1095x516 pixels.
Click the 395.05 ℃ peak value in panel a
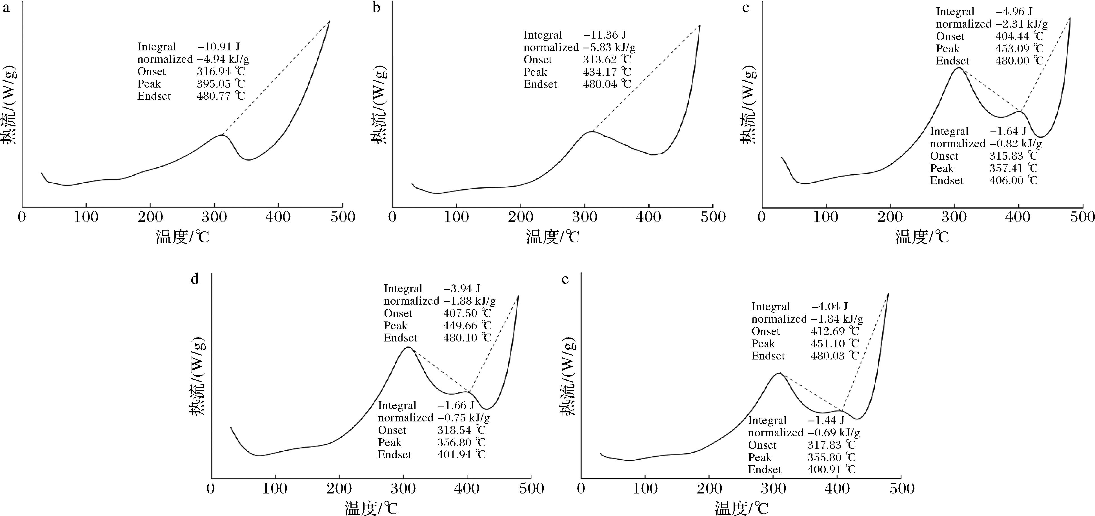pyautogui.click(x=221, y=84)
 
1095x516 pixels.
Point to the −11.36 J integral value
pyautogui.click(x=605, y=35)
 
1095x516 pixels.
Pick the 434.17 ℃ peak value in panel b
pyautogui.click(x=607, y=72)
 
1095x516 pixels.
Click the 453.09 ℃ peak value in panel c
pyautogui.click(x=1019, y=48)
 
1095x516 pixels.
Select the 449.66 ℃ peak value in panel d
pyautogui.click(x=467, y=325)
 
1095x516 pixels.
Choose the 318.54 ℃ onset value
pyautogui.click(x=461, y=430)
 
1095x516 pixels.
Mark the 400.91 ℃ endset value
pyautogui.click(x=831, y=469)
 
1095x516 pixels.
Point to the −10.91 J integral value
pyautogui.click(x=219, y=47)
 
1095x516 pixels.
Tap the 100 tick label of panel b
pyautogui.click(x=457, y=217)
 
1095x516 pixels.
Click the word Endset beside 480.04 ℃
pyautogui.click(x=540, y=84)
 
